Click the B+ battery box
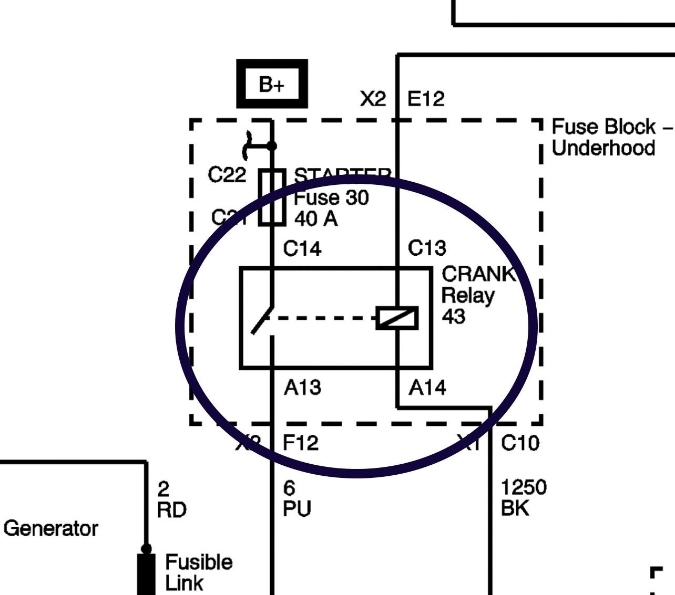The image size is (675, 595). click(x=272, y=84)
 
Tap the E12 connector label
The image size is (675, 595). click(x=426, y=99)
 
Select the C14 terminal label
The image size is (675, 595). click(x=302, y=248)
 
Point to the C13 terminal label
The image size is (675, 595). click(x=427, y=248)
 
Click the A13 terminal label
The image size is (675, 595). click(x=302, y=388)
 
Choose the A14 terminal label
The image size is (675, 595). click(x=427, y=388)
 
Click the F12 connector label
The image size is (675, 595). click(x=301, y=443)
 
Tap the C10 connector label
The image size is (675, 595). click(x=520, y=443)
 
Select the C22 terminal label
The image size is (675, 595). click(x=227, y=175)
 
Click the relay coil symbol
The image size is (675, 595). click(x=397, y=318)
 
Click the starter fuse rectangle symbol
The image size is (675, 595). click(x=272, y=197)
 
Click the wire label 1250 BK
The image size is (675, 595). click(x=523, y=498)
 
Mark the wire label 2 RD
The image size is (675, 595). click(x=171, y=499)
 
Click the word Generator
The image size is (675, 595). click(x=50, y=528)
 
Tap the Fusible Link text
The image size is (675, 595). click(x=198, y=572)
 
